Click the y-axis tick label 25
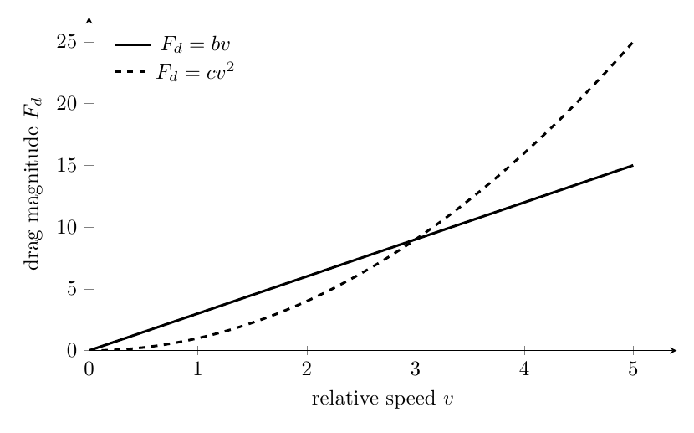pos(67,42)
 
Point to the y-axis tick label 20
pos(67,103)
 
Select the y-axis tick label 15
pos(67,165)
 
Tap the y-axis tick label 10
pos(67,227)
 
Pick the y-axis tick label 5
pos(73,289)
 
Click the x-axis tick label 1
pos(198,369)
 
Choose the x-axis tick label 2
pos(307,369)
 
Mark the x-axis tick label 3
pos(416,369)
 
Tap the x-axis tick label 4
pos(524,369)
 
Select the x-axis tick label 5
pos(633,369)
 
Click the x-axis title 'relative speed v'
pos(383,399)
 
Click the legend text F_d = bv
pos(195,44)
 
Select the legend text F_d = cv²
pos(195,72)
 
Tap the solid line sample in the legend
pos(132,44)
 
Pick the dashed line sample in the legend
pos(130,72)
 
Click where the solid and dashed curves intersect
pos(416,240)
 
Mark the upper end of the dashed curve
pos(633,42)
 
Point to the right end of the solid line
pos(633,165)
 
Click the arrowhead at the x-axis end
pos(674,351)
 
